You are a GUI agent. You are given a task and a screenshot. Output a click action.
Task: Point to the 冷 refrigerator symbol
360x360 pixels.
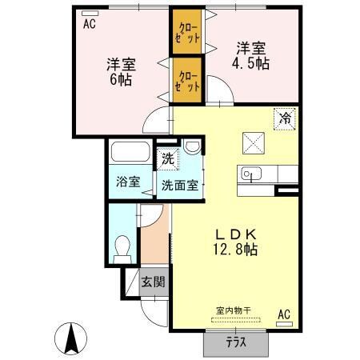click(286, 117)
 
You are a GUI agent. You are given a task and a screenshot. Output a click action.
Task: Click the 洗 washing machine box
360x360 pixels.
click(167, 158)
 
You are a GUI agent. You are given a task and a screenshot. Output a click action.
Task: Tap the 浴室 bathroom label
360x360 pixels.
click(129, 181)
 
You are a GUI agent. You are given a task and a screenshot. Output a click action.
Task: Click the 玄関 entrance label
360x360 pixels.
click(153, 282)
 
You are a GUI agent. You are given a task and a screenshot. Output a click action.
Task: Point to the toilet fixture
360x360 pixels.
click(123, 248)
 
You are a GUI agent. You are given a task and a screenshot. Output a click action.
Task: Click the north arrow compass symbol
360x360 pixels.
click(70, 339)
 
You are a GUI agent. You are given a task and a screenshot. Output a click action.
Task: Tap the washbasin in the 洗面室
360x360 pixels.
click(192, 148)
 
